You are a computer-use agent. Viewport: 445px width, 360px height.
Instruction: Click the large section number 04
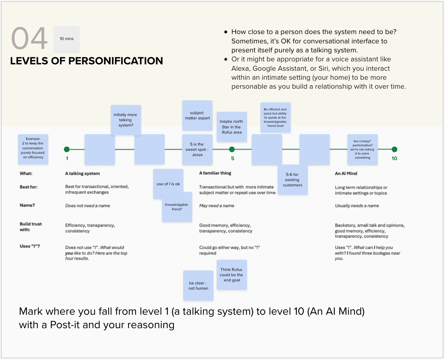pyautogui.click(x=29, y=39)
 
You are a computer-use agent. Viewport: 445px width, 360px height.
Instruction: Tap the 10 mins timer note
pyautogui.click(x=67, y=39)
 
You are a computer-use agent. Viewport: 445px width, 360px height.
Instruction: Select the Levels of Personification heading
pyautogui.click(x=87, y=61)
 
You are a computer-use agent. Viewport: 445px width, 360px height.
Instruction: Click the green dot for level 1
pyautogui.click(x=67, y=149)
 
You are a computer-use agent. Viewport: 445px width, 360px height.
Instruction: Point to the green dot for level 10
pyautogui.click(x=394, y=149)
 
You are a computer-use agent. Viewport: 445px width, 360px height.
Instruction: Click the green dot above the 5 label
pyautogui.click(x=232, y=149)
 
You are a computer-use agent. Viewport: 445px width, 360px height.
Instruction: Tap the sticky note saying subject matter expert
pyautogui.click(x=197, y=115)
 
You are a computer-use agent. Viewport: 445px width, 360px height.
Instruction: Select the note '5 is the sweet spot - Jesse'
pyautogui.click(x=197, y=149)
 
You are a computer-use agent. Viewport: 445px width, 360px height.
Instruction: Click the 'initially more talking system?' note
pyautogui.click(x=126, y=120)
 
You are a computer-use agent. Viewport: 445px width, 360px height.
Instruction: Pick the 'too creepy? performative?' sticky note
pyautogui.click(x=362, y=149)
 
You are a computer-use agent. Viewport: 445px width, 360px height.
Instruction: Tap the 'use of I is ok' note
pyautogui.click(x=168, y=184)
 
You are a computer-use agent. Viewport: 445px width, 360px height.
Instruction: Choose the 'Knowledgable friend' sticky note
pyautogui.click(x=177, y=207)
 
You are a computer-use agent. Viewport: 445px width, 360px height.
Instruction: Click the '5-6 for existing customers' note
pyautogui.click(x=293, y=180)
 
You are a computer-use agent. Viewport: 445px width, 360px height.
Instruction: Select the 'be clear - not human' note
pyautogui.click(x=198, y=286)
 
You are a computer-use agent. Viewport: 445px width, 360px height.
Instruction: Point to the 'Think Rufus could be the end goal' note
pyautogui.click(x=232, y=275)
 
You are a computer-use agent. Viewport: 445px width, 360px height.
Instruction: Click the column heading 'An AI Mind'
pyautogui.click(x=346, y=173)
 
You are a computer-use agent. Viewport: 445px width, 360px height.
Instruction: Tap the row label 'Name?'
pyautogui.click(x=27, y=205)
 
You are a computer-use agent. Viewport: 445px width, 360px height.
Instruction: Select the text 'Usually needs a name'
pyautogui.click(x=357, y=205)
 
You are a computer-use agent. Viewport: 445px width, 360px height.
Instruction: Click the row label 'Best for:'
pyautogui.click(x=29, y=186)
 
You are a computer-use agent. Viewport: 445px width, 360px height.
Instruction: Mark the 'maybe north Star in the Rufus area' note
pyautogui.click(x=231, y=127)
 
